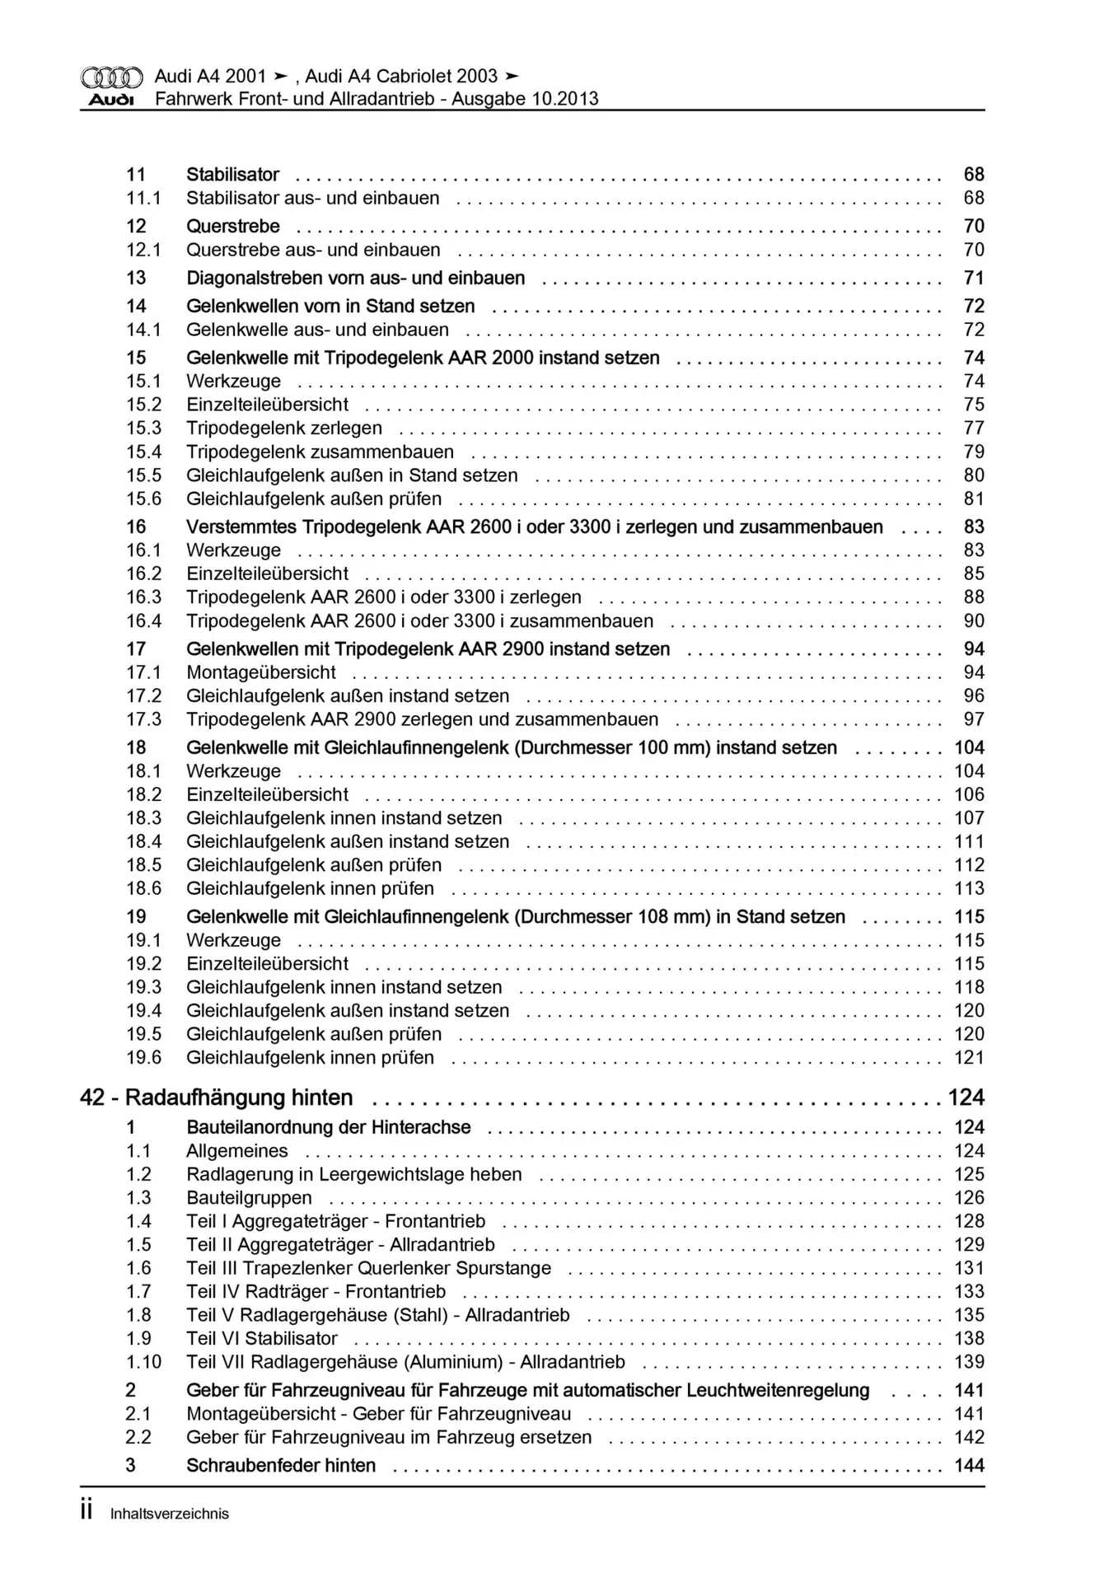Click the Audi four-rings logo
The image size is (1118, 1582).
tap(111, 77)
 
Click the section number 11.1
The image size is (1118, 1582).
tap(143, 199)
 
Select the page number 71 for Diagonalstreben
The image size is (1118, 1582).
tap(974, 278)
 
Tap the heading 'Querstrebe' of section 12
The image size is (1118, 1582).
tap(233, 227)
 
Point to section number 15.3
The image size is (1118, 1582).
tap(143, 428)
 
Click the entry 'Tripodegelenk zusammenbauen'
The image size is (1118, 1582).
tap(320, 452)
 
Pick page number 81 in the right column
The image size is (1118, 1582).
tap(974, 499)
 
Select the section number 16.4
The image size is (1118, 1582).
tap(143, 621)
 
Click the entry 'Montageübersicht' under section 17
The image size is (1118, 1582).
tap(260, 673)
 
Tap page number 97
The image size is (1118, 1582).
tap(974, 720)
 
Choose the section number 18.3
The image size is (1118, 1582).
tap(143, 818)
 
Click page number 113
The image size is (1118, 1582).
tap(970, 889)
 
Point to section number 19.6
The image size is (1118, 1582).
tap(143, 1058)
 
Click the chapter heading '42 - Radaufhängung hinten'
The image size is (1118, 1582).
tap(217, 1098)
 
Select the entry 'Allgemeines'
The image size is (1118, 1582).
tap(237, 1151)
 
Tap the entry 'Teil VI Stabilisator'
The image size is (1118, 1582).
tap(262, 1339)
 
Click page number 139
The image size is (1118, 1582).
tap(970, 1363)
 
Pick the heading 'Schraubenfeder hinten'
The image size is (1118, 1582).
tap(281, 1466)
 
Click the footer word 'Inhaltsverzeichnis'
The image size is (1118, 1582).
tap(169, 1514)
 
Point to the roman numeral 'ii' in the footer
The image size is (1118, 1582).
tap(87, 1512)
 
